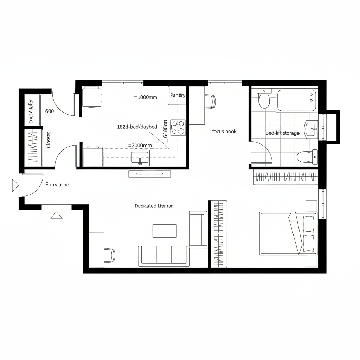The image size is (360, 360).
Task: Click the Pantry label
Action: [x=178, y=95]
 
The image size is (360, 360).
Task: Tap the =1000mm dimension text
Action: [x=146, y=97]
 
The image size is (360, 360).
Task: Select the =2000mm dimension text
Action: [x=140, y=145]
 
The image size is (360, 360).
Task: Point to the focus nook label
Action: [x=224, y=131]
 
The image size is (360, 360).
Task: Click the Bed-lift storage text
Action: [x=282, y=133]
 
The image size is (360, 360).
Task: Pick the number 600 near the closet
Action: [x=50, y=111]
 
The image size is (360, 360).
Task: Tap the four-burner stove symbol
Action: [x=178, y=127]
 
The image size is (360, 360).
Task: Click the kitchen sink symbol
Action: [x=140, y=157]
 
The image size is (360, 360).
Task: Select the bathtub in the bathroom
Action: [x=297, y=101]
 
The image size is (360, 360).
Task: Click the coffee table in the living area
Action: [x=165, y=231]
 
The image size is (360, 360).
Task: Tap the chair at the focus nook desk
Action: [x=210, y=101]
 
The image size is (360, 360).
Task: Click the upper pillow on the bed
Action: [x=308, y=223]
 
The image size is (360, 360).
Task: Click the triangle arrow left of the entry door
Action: [x=15, y=185]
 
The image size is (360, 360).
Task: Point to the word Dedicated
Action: [x=146, y=206]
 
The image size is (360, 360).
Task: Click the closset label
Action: [x=49, y=140]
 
